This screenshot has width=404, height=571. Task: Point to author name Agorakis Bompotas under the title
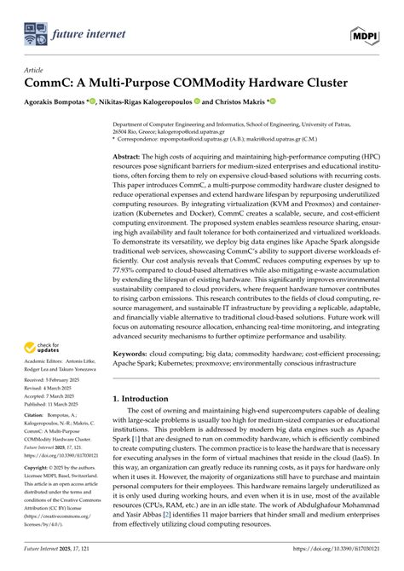tap(64, 100)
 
